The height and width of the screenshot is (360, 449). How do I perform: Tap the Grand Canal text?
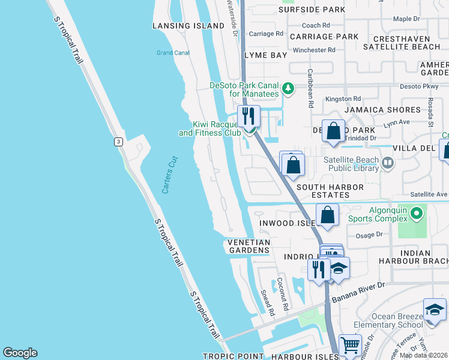(x=173, y=53)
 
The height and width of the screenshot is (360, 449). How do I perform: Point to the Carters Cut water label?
(x=170, y=175)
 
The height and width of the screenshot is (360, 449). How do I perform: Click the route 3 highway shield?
(x=119, y=141)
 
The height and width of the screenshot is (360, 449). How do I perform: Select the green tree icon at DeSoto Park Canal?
(x=288, y=89)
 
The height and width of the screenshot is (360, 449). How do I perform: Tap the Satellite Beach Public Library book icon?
(x=388, y=162)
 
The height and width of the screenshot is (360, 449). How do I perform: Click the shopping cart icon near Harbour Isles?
(x=351, y=346)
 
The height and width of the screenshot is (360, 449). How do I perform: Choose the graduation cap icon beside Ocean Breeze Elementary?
(x=435, y=310)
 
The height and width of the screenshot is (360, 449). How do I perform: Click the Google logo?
(x=20, y=353)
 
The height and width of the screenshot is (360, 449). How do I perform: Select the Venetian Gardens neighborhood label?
(x=249, y=246)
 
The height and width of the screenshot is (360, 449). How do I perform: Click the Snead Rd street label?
(x=268, y=303)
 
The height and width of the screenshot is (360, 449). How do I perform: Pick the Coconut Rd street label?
(x=283, y=294)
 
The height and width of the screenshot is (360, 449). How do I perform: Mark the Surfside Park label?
(x=313, y=10)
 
